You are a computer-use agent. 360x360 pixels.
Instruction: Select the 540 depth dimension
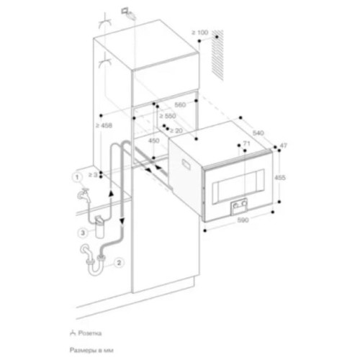coord(260,134)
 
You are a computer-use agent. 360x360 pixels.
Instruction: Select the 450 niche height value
coord(154,141)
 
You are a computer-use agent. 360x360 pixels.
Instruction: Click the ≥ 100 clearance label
coord(199,32)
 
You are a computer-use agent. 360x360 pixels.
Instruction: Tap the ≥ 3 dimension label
coord(92,174)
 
